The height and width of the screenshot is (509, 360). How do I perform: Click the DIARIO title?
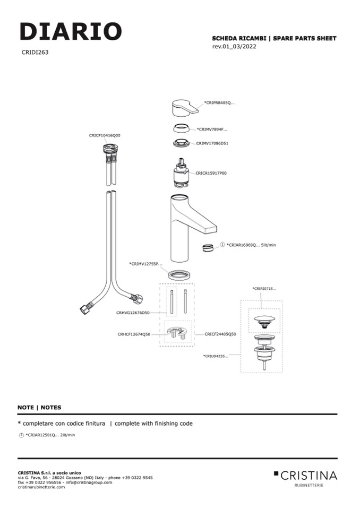tap(71, 32)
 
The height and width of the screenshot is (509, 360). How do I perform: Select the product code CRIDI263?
tap(35, 53)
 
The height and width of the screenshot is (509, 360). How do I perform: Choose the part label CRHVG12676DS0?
tap(133, 313)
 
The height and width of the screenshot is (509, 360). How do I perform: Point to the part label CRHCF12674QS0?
tap(134, 334)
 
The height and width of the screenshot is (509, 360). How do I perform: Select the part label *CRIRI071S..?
tap(264, 289)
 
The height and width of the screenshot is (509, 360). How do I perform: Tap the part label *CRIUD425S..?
tap(215, 356)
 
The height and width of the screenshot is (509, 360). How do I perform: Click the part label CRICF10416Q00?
tap(105, 135)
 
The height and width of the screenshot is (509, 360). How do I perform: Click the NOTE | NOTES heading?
tap(39, 408)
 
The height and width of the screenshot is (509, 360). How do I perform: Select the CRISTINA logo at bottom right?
tap(305, 476)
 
